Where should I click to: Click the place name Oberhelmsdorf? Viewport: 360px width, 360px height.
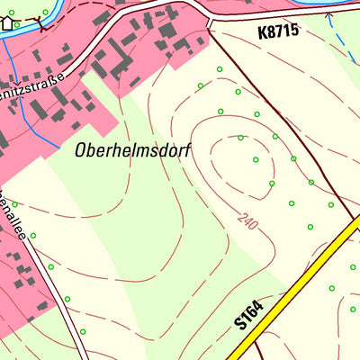132,151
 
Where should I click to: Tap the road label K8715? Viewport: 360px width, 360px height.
276,31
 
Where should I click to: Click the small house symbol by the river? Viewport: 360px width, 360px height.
7,22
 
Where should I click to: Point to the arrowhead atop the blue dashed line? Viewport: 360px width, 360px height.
329,14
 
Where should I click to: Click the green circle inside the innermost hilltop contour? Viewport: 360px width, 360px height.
256,160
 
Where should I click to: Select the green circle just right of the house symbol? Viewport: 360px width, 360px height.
17,24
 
